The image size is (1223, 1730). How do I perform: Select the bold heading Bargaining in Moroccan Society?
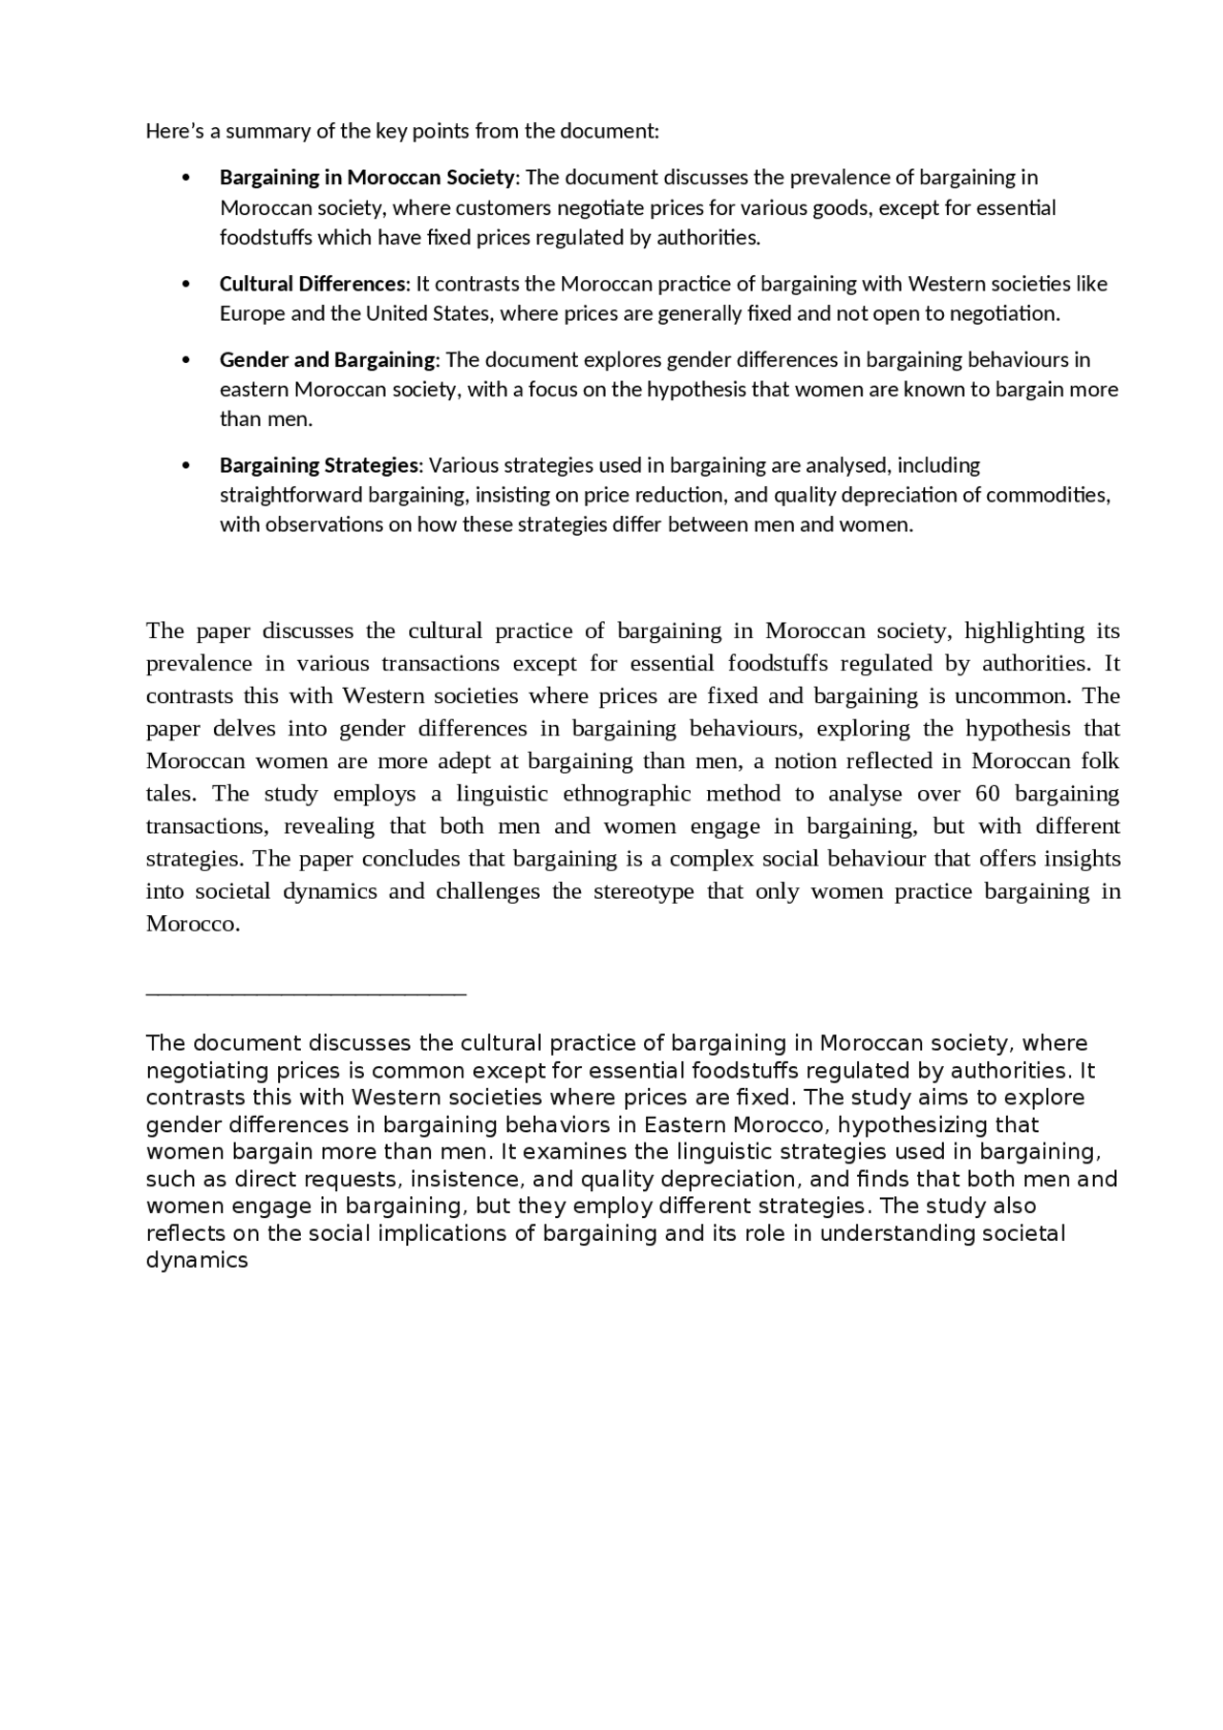[367, 177]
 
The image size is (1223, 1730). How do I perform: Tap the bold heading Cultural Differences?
[312, 284]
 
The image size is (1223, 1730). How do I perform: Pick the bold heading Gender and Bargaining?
[327, 359]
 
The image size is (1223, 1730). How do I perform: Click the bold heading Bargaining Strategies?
[318, 465]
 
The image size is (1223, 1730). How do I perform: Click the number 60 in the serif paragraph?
[987, 794]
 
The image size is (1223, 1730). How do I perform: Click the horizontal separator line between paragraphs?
[306, 994]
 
